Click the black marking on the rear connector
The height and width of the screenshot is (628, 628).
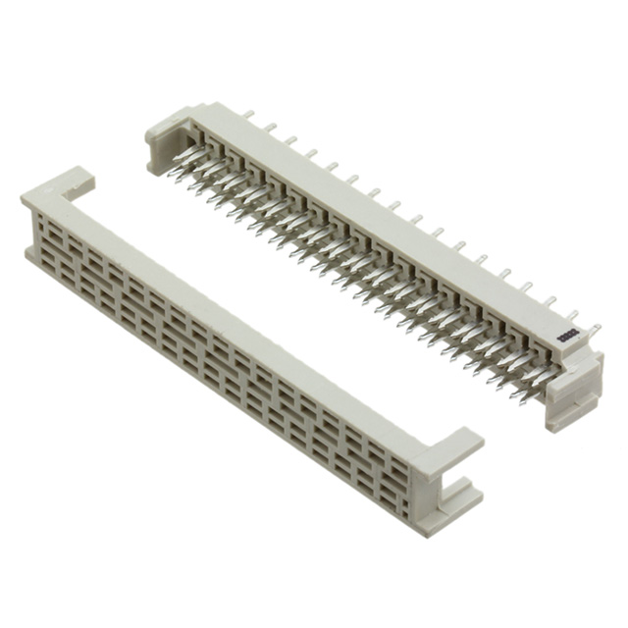pos(567,337)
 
